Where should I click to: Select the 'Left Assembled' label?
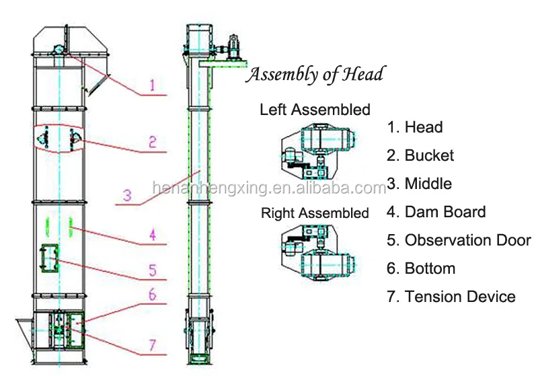coord(315,109)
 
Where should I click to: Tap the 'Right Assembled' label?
coord(315,213)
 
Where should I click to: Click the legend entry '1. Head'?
coord(414,127)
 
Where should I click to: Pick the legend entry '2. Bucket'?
coord(420,155)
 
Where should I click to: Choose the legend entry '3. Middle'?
coord(419,184)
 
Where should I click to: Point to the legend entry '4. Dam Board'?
coord(436,212)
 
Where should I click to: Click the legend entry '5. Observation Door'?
coord(459,240)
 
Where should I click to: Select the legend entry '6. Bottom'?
coord(420,268)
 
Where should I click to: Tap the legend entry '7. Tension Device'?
coord(451,297)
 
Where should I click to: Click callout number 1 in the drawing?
coord(152,85)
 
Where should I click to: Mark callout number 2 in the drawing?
coord(153,142)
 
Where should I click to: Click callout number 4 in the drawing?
coord(153,235)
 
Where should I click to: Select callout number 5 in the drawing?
coord(153,270)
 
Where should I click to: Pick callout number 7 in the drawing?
coord(153,346)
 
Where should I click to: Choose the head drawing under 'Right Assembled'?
coord(315,255)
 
